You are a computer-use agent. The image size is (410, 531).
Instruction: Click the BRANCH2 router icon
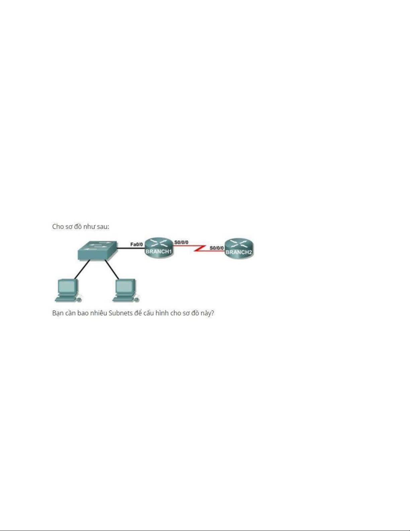point(239,248)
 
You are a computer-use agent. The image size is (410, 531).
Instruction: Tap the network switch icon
point(97,251)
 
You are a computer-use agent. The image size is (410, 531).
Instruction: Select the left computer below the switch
point(68,290)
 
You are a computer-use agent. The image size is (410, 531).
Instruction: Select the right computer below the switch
point(126,290)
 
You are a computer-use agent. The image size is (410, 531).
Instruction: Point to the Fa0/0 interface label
point(137,244)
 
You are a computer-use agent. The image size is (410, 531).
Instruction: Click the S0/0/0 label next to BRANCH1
point(181,243)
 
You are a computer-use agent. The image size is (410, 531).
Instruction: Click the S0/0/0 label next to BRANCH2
point(217,248)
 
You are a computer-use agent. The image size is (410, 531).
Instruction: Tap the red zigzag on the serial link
point(200,248)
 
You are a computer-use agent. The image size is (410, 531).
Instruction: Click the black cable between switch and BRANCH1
point(131,248)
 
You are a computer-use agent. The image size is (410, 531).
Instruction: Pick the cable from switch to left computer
point(82,269)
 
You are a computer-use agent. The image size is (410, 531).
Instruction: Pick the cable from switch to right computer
point(112,269)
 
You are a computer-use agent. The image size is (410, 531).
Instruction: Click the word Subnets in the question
point(120,313)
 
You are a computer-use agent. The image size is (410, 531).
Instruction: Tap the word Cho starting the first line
point(58,226)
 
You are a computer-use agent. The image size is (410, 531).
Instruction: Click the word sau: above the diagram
point(103,227)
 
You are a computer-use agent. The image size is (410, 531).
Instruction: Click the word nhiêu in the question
point(99,313)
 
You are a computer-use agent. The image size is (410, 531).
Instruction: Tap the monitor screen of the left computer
point(67,285)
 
